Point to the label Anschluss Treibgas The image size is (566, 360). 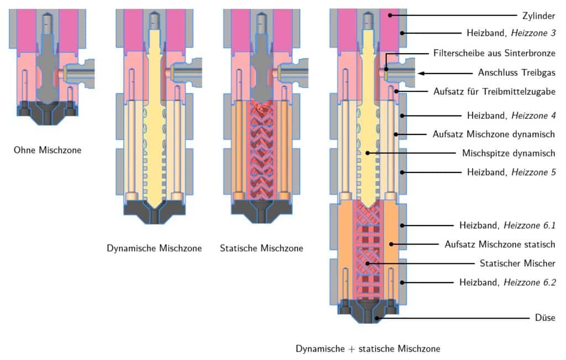(516, 73)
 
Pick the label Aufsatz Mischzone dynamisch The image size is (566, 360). (492, 134)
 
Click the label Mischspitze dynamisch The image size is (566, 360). (509, 153)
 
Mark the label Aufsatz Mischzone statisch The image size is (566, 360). (500, 244)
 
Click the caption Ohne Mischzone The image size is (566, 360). (48, 149)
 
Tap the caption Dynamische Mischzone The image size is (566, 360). (154, 248)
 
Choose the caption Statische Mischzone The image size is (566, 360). (261, 248)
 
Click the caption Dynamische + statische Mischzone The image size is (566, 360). (368, 349)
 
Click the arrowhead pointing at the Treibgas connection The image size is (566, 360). (422, 73)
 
